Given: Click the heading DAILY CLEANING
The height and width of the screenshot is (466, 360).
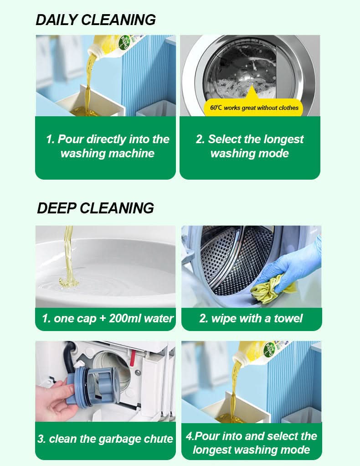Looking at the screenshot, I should point(96,20).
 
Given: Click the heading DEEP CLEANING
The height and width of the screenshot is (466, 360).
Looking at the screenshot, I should point(95,208).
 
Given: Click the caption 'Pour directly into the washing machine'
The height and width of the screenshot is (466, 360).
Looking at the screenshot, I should point(107,146).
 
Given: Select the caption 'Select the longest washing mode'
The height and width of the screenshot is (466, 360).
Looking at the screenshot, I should point(249,146).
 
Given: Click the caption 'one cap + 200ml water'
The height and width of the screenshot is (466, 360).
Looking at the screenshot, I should point(108,318).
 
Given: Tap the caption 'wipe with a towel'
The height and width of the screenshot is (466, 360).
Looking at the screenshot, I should point(251,318).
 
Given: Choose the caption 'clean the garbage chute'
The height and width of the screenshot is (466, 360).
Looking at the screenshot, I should point(105,439).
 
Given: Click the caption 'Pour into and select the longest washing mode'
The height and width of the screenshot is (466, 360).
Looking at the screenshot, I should point(251,443).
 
